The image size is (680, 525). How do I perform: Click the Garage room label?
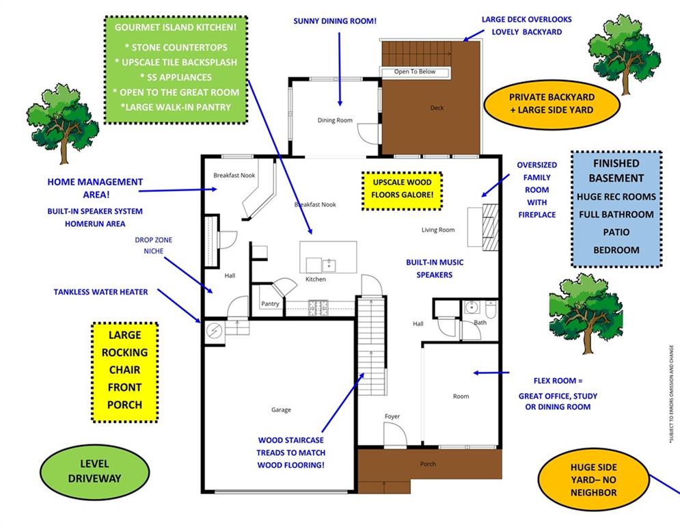(x=281, y=410)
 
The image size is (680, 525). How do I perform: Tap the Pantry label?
(x=270, y=304)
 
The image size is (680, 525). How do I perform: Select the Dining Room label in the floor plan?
(x=335, y=120)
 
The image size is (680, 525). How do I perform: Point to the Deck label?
(x=437, y=108)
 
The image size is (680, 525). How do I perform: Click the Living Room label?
(x=438, y=230)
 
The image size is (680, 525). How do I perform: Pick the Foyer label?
(x=392, y=416)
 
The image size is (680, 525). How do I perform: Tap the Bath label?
(x=480, y=322)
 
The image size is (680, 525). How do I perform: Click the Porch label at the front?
(x=428, y=465)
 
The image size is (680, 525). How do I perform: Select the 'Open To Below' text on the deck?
(x=415, y=72)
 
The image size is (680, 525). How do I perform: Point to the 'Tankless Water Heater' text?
(x=100, y=292)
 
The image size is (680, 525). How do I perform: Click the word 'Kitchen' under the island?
(x=316, y=279)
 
